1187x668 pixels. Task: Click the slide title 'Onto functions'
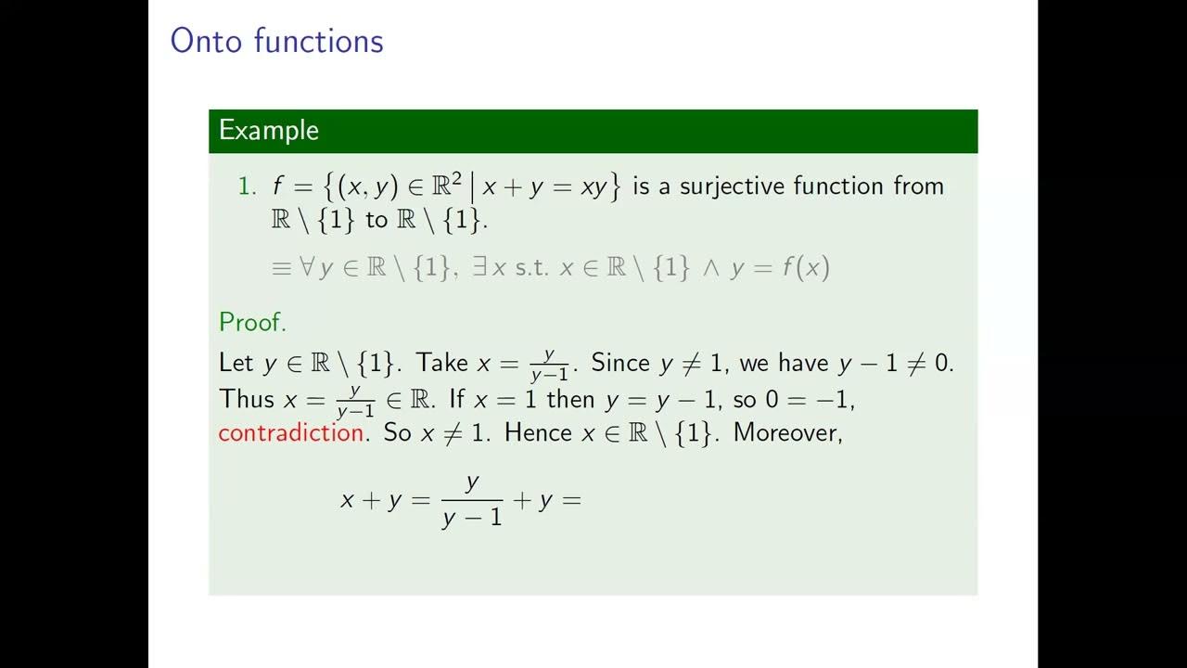[276, 42]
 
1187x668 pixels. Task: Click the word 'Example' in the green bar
[268, 131]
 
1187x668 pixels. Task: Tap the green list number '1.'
[247, 186]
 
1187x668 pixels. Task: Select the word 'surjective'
[732, 186]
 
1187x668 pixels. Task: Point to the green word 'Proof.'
[252, 323]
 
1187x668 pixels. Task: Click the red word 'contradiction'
[290, 433]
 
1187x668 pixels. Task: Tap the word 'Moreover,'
[787, 433]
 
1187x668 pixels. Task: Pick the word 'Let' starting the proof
[236, 363]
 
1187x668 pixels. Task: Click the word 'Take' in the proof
[443, 363]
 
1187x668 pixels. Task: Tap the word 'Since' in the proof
[620, 363]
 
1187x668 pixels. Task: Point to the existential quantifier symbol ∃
[480, 268]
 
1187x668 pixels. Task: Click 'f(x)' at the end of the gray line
[805, 268]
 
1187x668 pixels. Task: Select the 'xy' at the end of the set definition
[593, 186]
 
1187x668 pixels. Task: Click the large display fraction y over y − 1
[472, 500]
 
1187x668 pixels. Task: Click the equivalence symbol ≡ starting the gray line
[281, 268]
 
